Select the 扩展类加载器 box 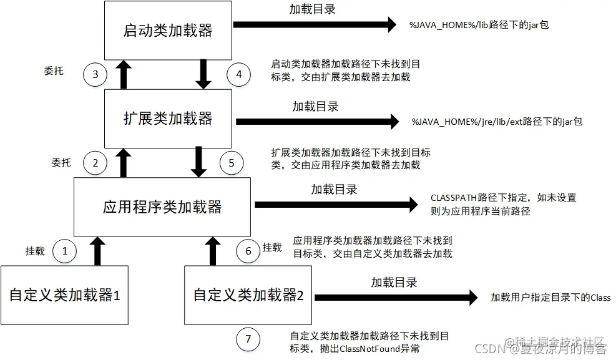click(168, 119)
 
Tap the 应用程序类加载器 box click(162, 207)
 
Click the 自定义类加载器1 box click(64, 295)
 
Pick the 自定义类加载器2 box click(248, 295)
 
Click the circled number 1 click(65, 251)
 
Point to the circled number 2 click(95, 163)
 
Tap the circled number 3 click(95, 74)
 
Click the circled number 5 click(232, 163)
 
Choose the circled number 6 click(248, 251)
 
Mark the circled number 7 click(248, 339)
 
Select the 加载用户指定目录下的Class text click(550, 298)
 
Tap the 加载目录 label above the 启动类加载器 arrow click(313, 10)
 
